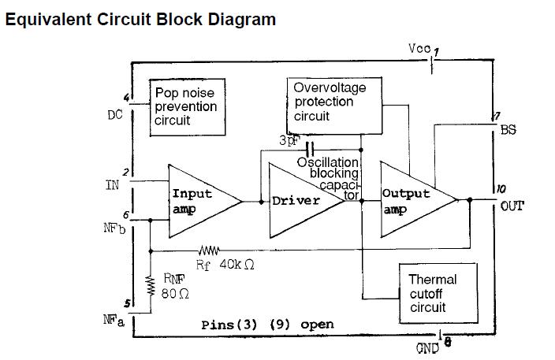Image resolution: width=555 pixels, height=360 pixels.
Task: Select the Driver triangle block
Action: click(300, 200)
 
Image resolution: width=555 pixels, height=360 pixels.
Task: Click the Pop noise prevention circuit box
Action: click(185, 107)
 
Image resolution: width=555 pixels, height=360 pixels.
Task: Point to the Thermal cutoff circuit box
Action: click(432, 292)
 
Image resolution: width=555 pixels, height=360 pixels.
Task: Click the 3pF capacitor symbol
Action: click(309, 148)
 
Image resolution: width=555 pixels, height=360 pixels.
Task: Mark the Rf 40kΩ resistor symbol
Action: click(212, 251)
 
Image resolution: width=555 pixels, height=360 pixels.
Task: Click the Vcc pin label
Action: click(419, 49)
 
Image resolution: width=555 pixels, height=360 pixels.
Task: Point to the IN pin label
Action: click(112, 186)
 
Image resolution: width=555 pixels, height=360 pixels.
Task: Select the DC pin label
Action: click(115, 115)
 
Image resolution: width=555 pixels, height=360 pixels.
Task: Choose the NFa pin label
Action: click(114, 320)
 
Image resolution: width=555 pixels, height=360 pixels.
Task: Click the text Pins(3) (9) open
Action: click(267, 325)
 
